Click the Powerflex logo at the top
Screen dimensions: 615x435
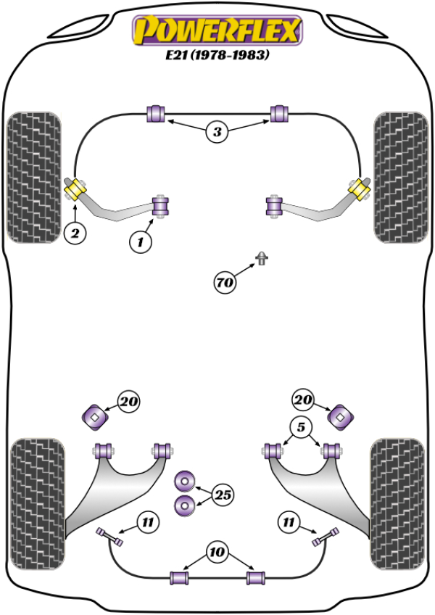pos(215,30)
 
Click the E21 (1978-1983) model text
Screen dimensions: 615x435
pos(215,56)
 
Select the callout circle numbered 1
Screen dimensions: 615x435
pos(141,242)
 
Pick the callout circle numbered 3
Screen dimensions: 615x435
pos(217,131)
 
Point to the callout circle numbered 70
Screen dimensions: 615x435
pos(225,281)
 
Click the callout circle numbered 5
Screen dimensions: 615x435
pos(302,426)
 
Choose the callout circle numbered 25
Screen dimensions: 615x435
pos(224,495)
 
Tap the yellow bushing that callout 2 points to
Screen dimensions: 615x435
pos(76,191)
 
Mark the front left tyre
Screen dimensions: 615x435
pos(33,176)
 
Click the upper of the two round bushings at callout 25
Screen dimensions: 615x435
pos(186,481)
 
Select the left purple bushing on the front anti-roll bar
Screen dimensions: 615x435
pos(157,114)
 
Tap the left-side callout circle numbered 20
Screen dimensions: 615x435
pos(129,401)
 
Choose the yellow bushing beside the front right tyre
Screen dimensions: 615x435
pos(357,190)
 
